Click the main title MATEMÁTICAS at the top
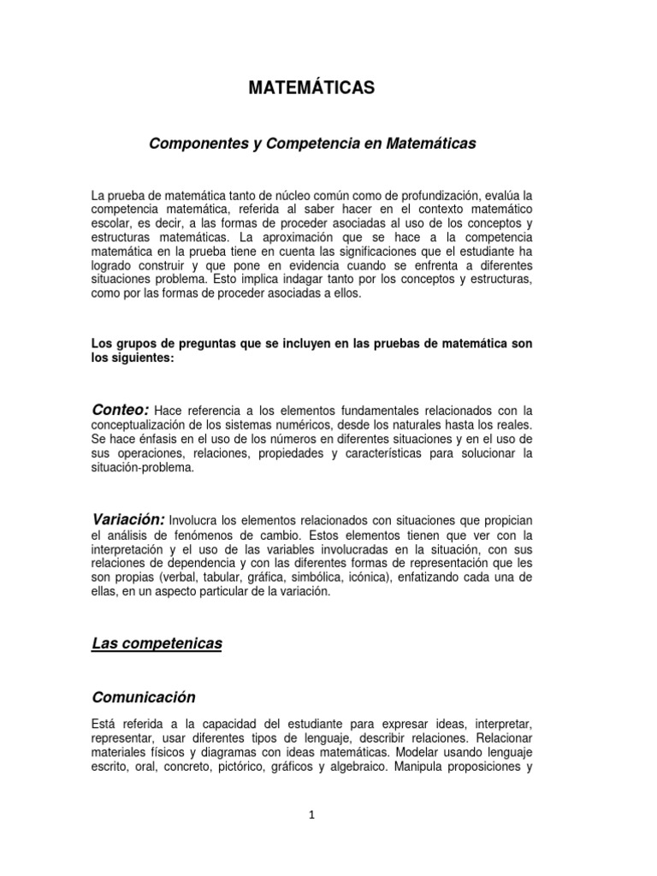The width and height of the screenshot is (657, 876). (x=311, y=88)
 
